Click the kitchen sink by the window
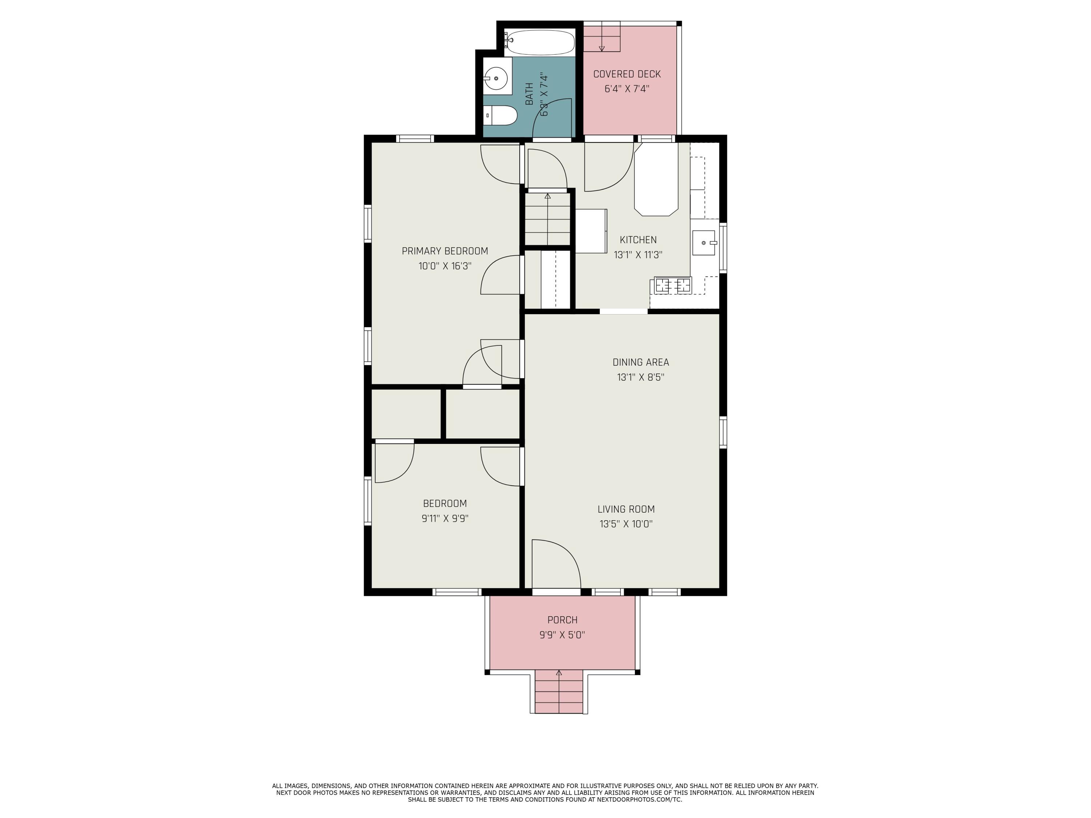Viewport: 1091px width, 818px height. tap(704, 242)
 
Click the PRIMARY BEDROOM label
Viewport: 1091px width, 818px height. tap(445, 251)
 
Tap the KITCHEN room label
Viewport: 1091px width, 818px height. tap(638, 240)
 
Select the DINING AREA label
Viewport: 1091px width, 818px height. tap(641, 362)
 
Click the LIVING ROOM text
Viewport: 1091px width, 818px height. tap(626, 509)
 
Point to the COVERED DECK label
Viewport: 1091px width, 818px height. tap(627, 74)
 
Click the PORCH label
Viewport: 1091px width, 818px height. tap(562, 620)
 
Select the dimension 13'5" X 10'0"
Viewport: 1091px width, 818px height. tap(626, 524)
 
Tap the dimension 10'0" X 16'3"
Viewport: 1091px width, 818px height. tap(445, 266)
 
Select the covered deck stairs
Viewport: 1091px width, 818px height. tap(602, 36)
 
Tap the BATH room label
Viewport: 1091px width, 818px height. tap(529, 94)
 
